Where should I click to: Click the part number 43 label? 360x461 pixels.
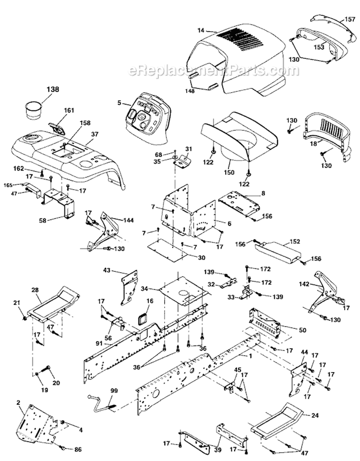point(106,271)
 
